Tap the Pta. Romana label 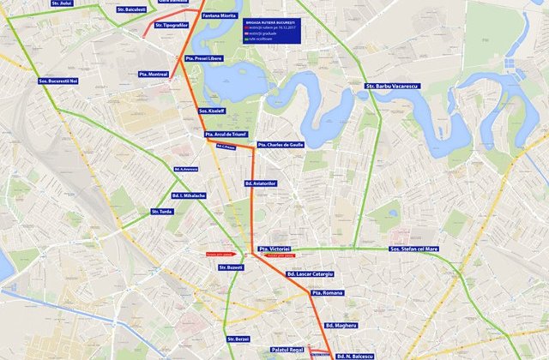[327, 292]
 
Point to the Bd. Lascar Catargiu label [310, 273]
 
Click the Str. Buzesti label [230, 267]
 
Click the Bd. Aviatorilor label [260, 183]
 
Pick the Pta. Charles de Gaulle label [281, 144]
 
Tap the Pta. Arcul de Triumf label [226, 135]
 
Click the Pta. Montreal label [153, 74]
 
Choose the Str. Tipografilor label [172, 25]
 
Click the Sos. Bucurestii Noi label [58, 81]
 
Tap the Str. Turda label [161, 211]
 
